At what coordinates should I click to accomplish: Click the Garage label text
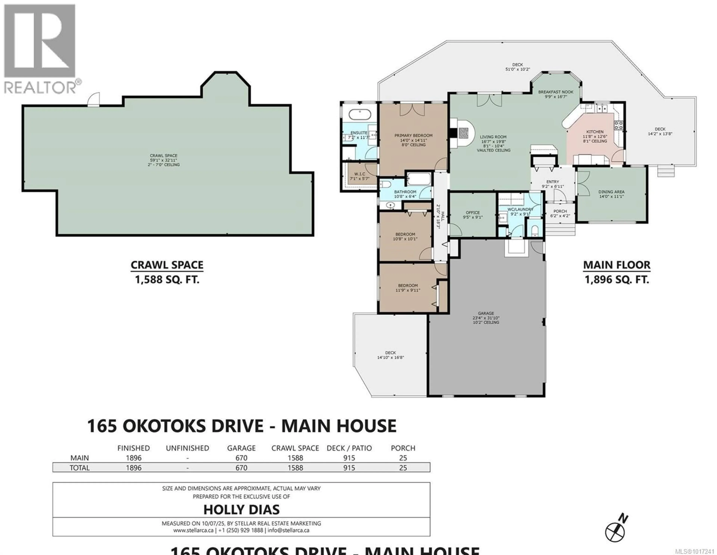coord(486,318)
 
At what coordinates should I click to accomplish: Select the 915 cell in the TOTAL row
coord(349,468)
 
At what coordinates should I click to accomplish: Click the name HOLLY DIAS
coord(241,509)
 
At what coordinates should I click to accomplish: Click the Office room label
coord(472,215)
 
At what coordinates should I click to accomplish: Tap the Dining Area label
coord(611,194)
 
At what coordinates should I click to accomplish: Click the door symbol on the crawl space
coord(94,100)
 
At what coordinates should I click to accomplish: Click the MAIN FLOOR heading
coord(617,265)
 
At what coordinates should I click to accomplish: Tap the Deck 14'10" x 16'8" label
coord(390,355)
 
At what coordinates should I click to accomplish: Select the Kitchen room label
coord(595,136)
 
